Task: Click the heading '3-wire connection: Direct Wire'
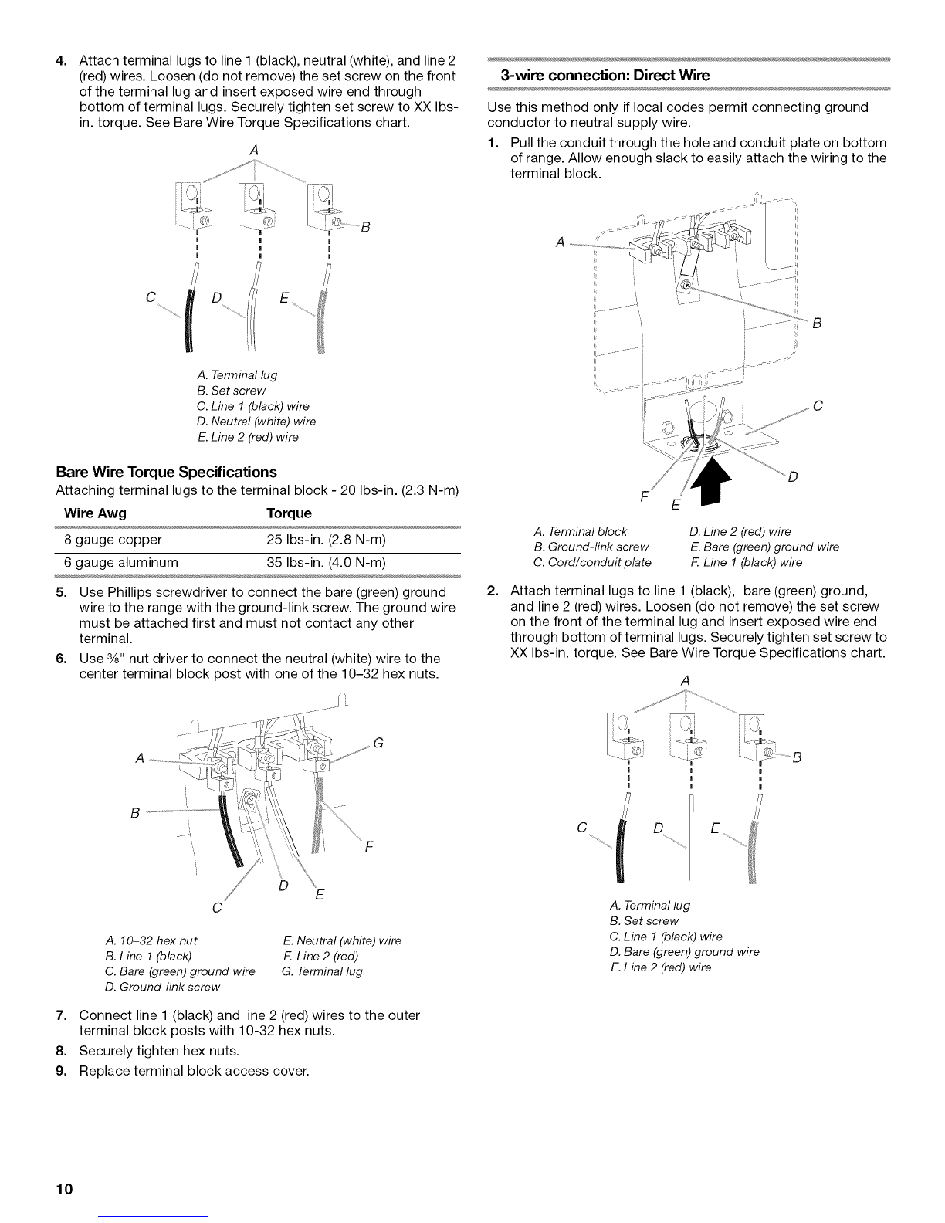604,76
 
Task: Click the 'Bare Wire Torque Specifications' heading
166,472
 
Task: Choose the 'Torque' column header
289,513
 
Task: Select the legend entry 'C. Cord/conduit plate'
592,561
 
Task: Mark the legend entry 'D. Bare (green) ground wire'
683,952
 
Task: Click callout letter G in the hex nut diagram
378,744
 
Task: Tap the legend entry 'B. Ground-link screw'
591,547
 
